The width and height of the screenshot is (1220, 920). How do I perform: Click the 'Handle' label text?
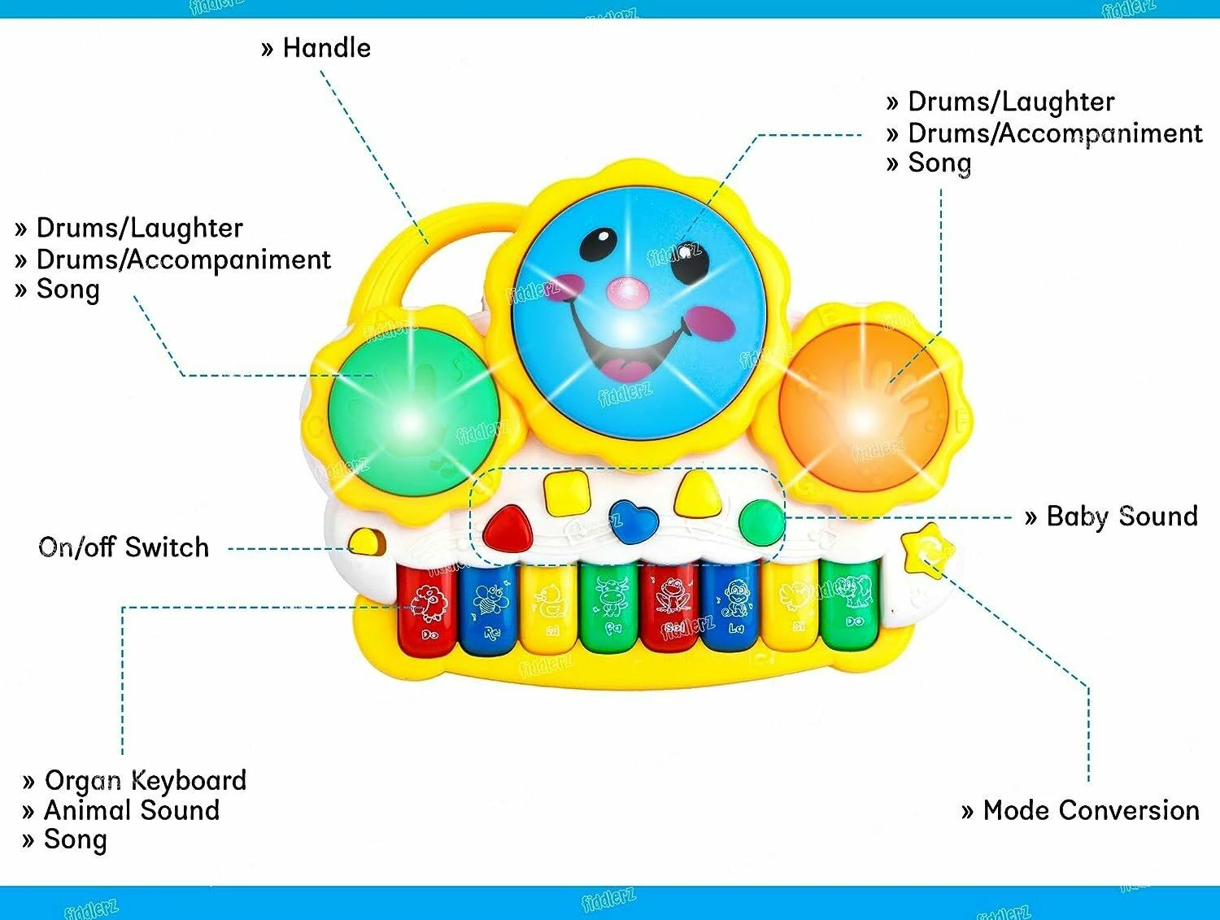point(326,48)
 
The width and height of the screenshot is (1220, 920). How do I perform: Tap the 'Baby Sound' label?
point(1122,516)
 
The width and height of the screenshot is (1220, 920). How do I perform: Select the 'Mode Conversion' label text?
point(1091,810)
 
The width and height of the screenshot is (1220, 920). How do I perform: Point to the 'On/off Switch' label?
point(124,547)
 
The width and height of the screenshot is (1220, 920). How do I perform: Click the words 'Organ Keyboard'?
point(145,780)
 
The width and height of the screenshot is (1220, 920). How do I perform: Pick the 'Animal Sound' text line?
point(132,810)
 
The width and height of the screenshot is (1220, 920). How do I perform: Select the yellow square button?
point(566,491)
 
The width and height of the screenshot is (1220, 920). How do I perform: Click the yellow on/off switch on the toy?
point(367,542)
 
